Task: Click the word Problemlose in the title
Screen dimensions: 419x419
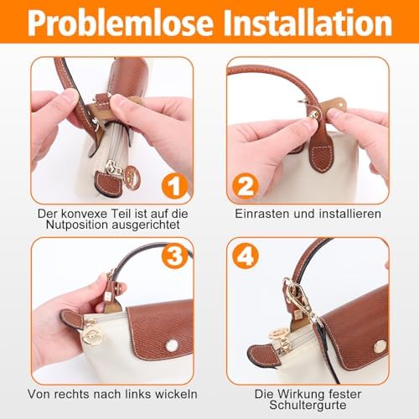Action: [121, 23]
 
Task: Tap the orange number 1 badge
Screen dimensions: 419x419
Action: [174, 185]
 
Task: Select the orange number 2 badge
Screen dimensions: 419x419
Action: [245, 186]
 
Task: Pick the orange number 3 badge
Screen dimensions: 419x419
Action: [175, 256]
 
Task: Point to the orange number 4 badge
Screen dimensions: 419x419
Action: [246, 256]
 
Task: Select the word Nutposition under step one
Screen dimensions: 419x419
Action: [77, 225]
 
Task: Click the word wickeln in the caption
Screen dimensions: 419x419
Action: [177, 394]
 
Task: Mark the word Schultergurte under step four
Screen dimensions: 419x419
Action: [308, 405]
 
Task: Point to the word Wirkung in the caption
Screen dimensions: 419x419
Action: [301, 394]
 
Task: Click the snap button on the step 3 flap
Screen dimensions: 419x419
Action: [172, 345]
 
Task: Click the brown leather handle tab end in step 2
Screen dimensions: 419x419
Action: [322, 155]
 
